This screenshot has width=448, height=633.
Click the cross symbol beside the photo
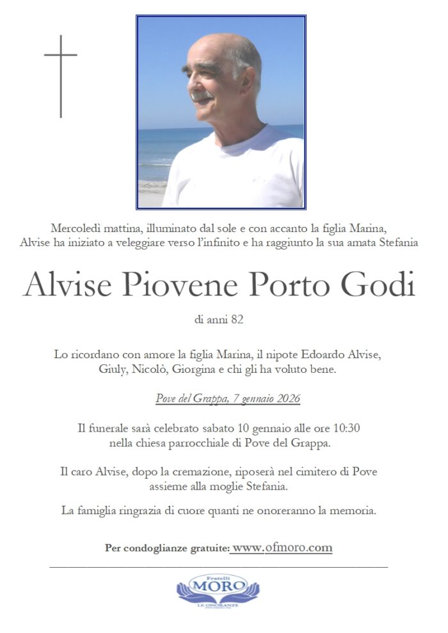click(61, 76)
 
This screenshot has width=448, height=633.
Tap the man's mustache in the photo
click(201, 97)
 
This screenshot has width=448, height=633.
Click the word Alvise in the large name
click(70, 286)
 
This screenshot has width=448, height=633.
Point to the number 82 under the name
click(237, 318)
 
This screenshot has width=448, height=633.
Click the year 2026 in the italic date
click(287, 399)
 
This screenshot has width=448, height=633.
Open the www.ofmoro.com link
click(282, 548)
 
